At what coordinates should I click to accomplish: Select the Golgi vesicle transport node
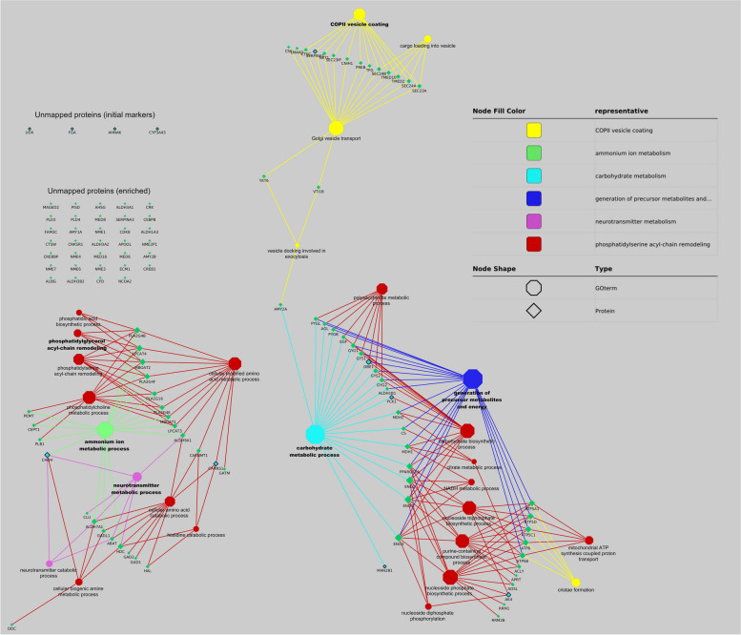coord(336,127)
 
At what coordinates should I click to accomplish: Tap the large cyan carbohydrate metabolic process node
coord(314,436)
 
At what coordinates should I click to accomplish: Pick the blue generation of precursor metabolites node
coord(473,379)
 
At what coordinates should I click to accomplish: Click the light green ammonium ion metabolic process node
coord(104,429)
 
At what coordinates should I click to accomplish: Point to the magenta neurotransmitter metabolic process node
coord(136,476)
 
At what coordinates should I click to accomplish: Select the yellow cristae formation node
coord(575,582)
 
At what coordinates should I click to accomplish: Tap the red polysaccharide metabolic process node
coord(381,288)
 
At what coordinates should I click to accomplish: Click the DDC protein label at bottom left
coord(11,629)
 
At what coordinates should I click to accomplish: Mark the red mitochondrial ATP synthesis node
coord(588,541)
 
